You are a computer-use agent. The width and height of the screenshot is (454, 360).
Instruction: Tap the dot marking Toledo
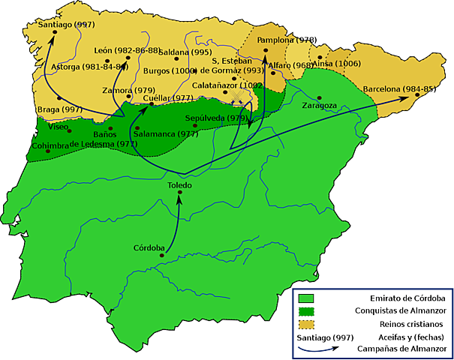(x=180, y=194)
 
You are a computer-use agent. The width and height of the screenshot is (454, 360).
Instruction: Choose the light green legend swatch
(x=308, y=298)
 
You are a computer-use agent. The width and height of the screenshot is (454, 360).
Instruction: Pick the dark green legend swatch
(x=308, y=310)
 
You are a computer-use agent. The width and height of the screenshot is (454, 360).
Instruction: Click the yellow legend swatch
(x=308, y=324)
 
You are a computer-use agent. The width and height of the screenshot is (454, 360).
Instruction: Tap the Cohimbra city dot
(x=50, y=151)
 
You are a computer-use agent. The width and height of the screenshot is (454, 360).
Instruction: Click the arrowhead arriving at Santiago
(x=47, y=35)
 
